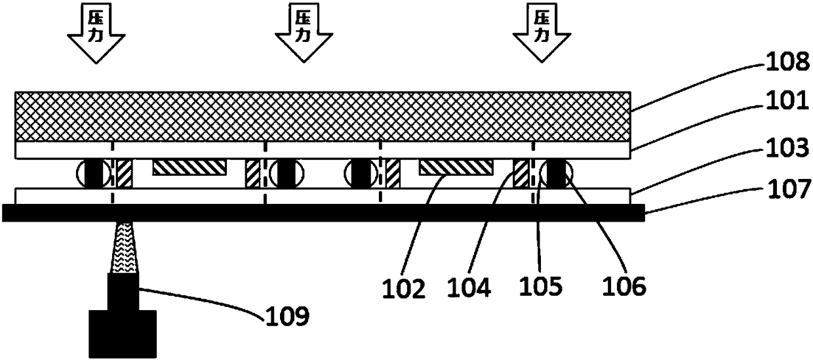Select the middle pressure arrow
[302, 33]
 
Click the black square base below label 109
[123, 334]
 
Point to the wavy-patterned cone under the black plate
[123, 248]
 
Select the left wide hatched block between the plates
[189, 167]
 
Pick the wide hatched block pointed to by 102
[455, 167]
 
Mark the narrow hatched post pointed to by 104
[521, 173]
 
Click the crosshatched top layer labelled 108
[324, 117]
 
